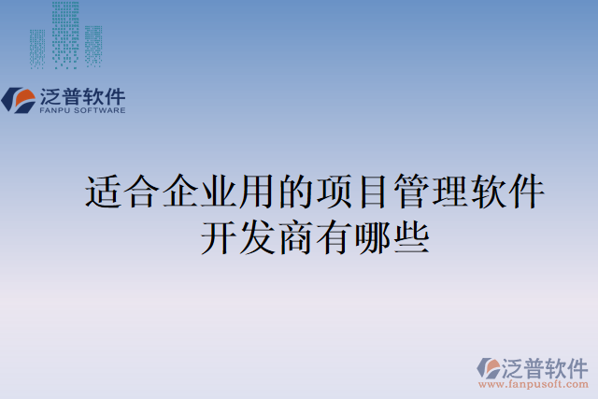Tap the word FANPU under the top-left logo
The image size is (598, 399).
pos(55,110)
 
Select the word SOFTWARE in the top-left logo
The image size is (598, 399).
pos(100,110)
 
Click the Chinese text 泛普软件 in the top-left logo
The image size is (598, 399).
pos(82,96)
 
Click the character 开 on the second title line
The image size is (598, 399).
pos(218,236)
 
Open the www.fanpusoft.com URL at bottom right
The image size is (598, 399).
pos(534,383)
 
